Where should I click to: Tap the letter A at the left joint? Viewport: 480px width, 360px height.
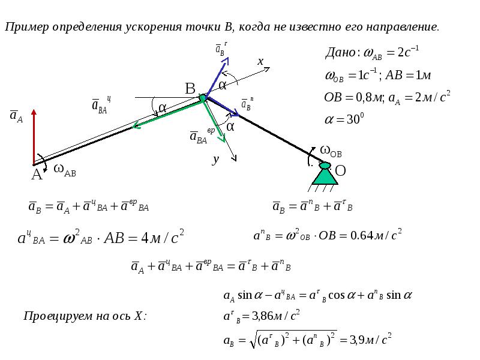coord(37,175)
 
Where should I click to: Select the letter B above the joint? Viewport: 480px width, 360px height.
coord(190,89)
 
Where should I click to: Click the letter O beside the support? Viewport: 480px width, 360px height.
coord(340,171)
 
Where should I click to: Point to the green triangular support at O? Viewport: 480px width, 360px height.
coord(325,174)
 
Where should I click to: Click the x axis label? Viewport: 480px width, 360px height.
coord(260,61)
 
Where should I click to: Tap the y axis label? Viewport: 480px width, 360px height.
coord(214,160)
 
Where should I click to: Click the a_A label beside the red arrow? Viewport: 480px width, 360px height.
coord(16,117)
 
